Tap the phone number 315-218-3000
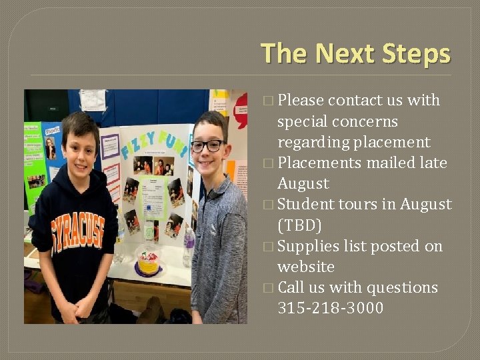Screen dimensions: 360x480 pyautogui.click(x=330, y=308)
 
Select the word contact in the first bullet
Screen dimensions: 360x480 pyautogui.click(x=354, y=101)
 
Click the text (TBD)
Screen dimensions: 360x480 pyautogui.click(x=299, y=225)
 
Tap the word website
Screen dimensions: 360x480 pyautogui.click(x=305, y=267)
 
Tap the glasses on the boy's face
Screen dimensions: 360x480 pyautogui.click(x=207, y=145)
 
